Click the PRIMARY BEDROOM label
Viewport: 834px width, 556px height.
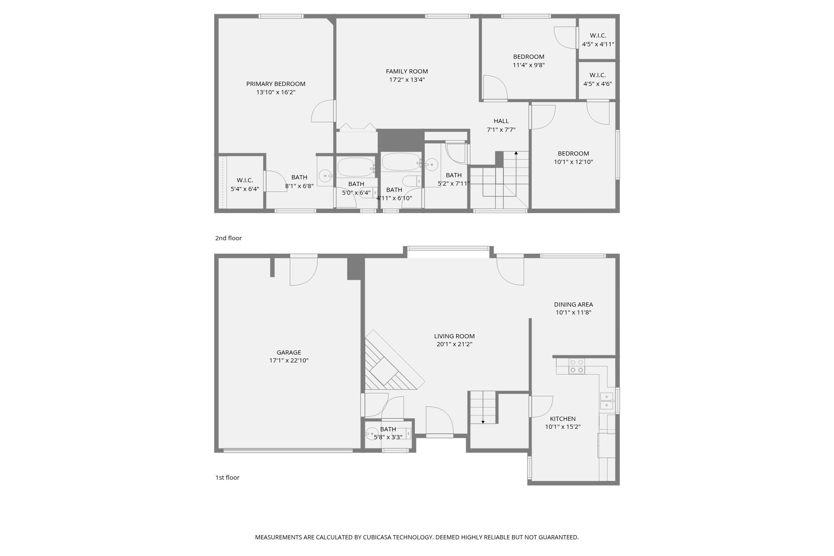[x=276, y=84]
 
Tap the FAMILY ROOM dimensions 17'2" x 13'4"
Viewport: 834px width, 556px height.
[x=407, y=80]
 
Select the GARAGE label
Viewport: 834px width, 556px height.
[x=289, y=352]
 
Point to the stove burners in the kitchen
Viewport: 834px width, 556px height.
[x=576, y=366]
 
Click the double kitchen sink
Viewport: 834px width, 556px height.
[x=606, y=401]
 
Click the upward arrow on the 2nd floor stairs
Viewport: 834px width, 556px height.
[x=516, y=153]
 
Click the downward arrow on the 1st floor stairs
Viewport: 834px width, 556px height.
[x=483, y=422]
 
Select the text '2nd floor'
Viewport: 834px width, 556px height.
[x=228, y=238]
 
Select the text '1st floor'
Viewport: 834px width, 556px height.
[x=227, y=478]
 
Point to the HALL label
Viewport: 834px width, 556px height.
[x=501, y=121]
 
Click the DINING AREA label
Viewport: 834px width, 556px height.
[x=573, y=304]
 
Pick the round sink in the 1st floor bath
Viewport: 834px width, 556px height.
[x=371, y=434]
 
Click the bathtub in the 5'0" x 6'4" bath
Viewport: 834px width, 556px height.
[x=355, y=167]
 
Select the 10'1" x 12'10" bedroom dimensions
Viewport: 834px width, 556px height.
[x=573, y=162]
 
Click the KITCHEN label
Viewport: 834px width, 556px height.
[x=563, y=419]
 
